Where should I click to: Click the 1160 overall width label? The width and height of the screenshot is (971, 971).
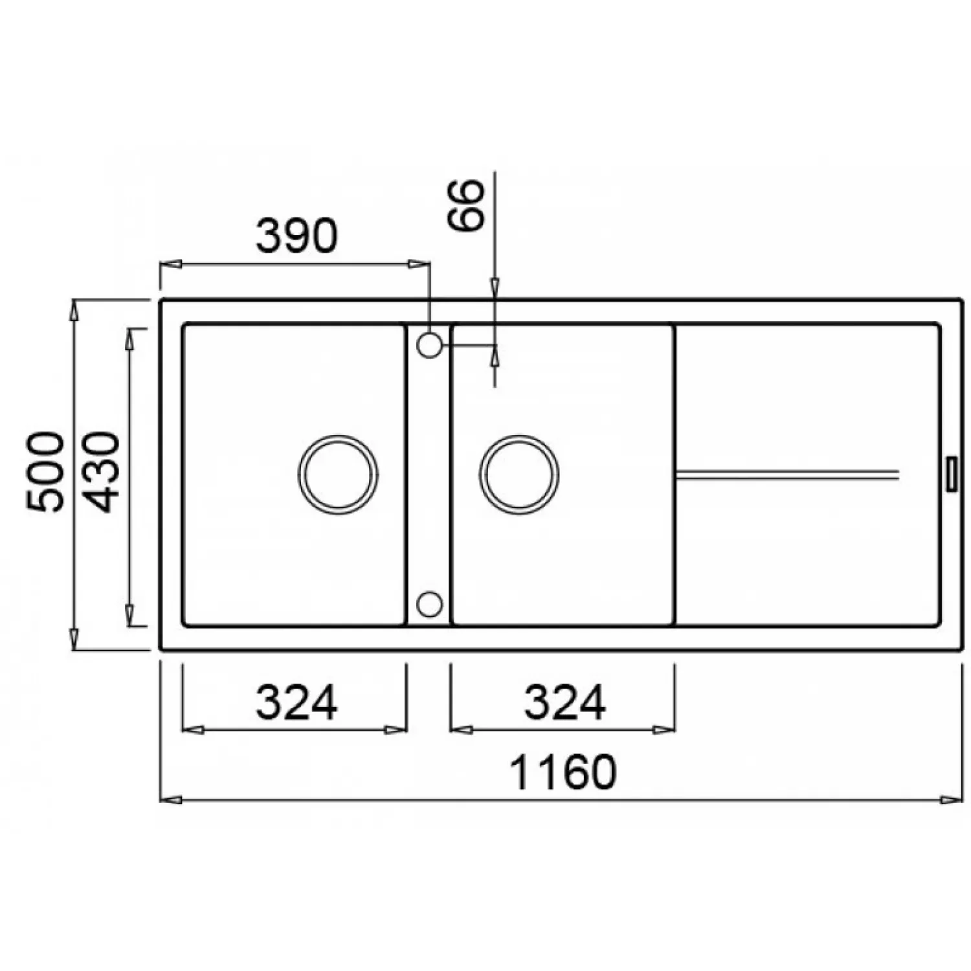563,772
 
